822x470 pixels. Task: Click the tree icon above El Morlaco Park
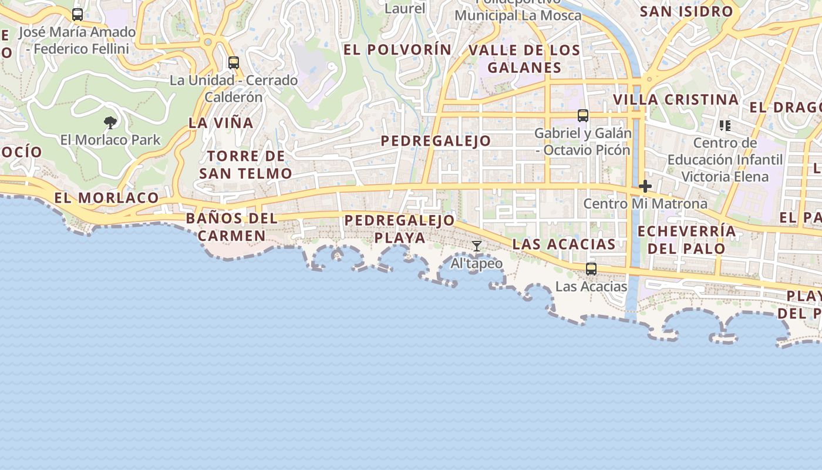110,123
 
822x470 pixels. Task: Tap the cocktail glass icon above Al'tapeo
477,246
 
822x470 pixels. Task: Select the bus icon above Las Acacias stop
591,269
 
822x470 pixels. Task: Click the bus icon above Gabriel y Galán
583,116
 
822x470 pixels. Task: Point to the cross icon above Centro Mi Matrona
645,187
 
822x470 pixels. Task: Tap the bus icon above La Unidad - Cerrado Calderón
234,63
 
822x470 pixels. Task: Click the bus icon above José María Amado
78,15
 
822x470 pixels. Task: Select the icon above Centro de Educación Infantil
725,126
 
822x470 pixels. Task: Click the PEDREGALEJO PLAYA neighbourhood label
400,229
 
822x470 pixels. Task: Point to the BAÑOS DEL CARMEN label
231,227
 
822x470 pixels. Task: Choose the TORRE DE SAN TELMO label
245,164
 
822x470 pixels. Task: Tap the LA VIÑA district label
221,123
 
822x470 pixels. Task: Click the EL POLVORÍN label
397,50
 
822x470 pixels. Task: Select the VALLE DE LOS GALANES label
524,59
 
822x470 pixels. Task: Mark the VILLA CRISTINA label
676,100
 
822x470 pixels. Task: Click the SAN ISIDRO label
686,12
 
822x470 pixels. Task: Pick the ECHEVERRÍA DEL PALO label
686,239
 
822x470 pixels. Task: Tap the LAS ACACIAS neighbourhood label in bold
564,244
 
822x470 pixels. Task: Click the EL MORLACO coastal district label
107,198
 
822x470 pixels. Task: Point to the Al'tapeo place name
477,264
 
